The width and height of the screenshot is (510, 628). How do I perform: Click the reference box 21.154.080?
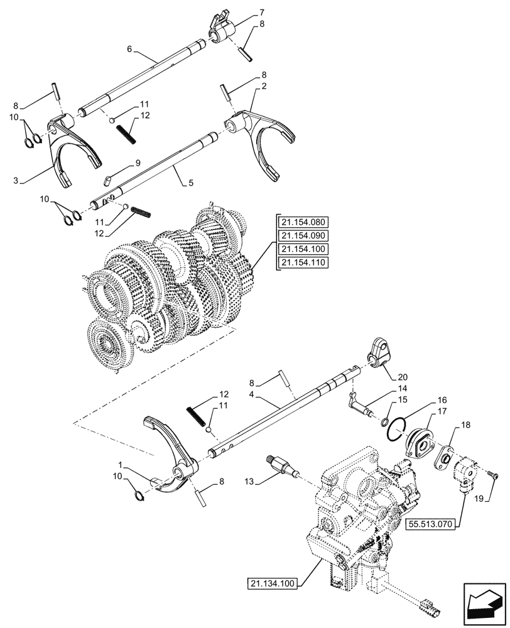[306, 222]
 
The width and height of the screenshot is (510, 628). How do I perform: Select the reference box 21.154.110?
[306, 263]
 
